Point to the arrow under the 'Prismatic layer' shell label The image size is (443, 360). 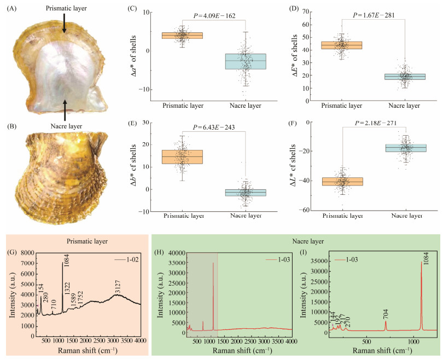(x=65, y=25)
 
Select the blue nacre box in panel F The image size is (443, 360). (x=405, y=148)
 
